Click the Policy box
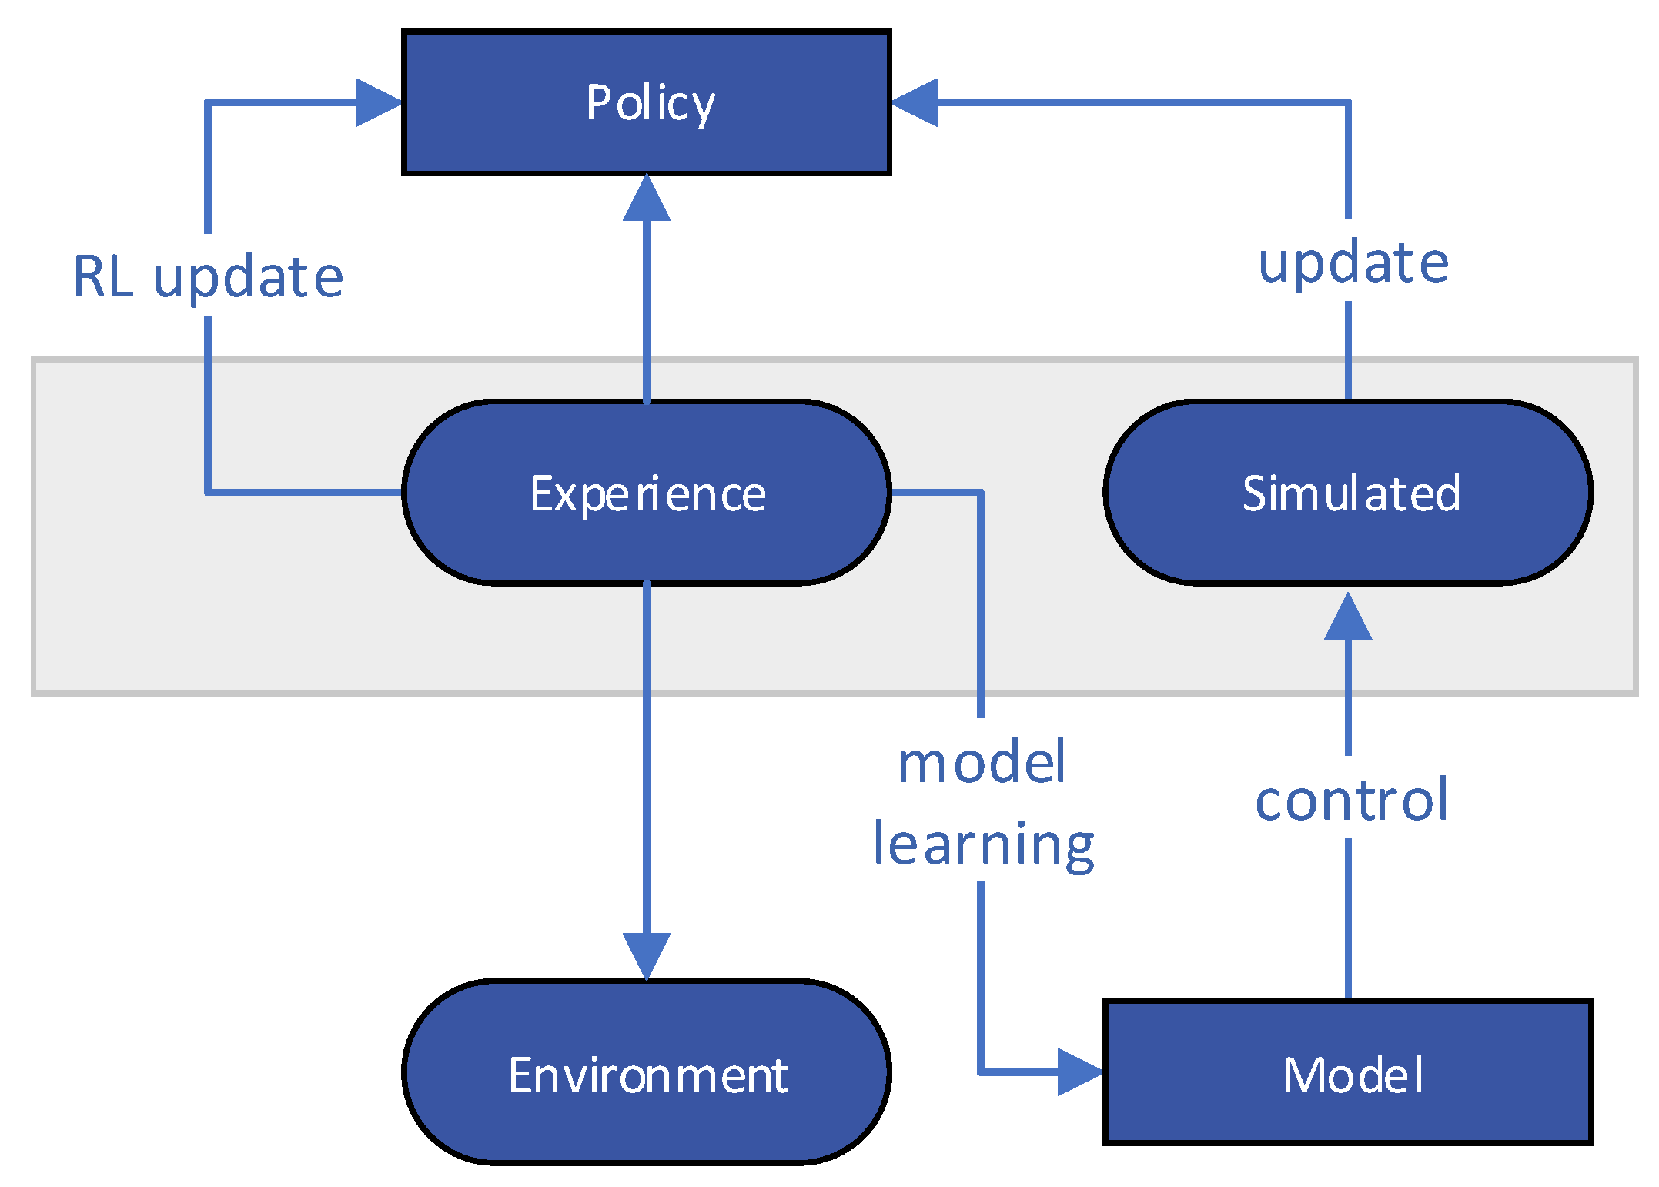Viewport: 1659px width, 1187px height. pyautogui.click(x=646, y=102)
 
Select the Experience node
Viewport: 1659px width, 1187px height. pyautogui.click(x=646, y=493)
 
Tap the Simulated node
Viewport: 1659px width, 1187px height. pyautogui.click(x=1347, y=493)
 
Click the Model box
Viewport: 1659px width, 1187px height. pyautogui.click(x=1347, y=1072)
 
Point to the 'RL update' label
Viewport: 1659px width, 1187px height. pyautogui.click(x=208, y=277)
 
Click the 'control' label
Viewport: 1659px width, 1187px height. pyautogui.click(x=1351, y=801)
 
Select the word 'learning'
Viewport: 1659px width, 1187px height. pyautogui.click(x=983, y=845)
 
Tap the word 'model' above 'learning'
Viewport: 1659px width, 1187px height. pyautogui.click(x=982, y=764)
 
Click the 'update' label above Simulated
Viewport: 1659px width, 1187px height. pyautogui.click(x=1353, y=263)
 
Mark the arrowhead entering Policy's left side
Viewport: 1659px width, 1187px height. pyautogui.click(x=378, y=102)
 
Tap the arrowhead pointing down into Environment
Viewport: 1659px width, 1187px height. pyautogui.click(x=646, y=955)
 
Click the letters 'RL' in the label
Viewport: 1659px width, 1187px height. pyautogui.click(x=103, y=277)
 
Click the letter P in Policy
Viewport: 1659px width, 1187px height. pyautogui.click(x=598, y=102)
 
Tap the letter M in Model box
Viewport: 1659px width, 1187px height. pyautogui.click(x=1303, y=1075)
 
